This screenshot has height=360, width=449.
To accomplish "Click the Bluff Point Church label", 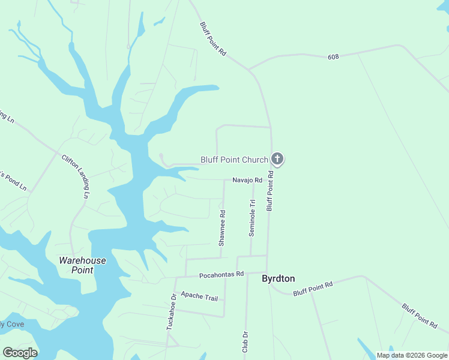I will pyautogui.click(x=234, y=160).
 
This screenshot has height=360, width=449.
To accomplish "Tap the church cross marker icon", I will pyautogui.click(x=277, y=159).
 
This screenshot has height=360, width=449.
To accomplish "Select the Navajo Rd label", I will pyautogui.click(x=248, y=180).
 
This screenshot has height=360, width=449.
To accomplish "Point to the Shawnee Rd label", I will pyautogui.click(x=222, y=228).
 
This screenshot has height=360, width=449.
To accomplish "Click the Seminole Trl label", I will pyautogui.click(x=252, y=218).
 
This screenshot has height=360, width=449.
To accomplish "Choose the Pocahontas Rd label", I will pyautogui.click(x=221, y=274).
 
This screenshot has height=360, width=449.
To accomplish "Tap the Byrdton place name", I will pyautogui.click(x=279, y=278).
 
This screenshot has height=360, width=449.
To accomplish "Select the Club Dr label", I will pyautogui.click(x=245, y=343).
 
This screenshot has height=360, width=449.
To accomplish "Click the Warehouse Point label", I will pyautogui.click(x=82, y=265).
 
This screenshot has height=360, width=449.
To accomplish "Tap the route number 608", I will pyautogui.click(x=334, y=57).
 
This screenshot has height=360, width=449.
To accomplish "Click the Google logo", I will pyautogui.click(x=20, y=353).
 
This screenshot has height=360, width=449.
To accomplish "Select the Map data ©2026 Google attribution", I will pyautogui.click(x=412, y=355).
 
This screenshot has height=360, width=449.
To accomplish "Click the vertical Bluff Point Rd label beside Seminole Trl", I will pyautogui.click(x=270, y=191).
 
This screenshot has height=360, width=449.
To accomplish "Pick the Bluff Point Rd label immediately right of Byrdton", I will pyautogui.click(x=313, y=289).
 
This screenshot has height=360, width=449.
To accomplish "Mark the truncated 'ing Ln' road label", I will pyautogui.click(x=7, y=115).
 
